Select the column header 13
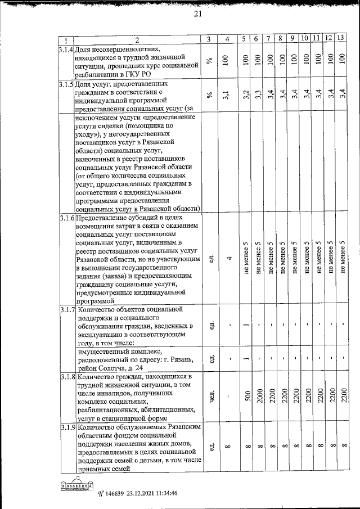tap(341, 38)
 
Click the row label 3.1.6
tap(66, 218)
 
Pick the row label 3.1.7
tap(66, 309)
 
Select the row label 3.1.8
tap(66, 376)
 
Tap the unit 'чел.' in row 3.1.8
tap(209, 396)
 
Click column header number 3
tap(209, 39)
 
